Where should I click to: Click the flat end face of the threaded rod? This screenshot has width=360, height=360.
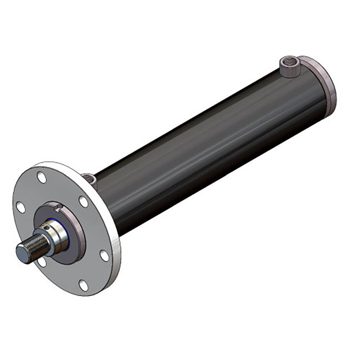23,251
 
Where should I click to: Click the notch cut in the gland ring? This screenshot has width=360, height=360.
57,206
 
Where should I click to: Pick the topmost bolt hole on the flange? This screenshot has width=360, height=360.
42,177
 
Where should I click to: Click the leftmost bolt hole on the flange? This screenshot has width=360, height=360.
21,207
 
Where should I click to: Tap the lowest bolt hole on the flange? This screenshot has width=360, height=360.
83,285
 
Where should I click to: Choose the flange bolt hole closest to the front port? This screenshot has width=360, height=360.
84,202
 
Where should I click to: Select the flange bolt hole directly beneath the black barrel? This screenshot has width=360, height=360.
104,256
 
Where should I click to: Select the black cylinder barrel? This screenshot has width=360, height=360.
209,144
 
